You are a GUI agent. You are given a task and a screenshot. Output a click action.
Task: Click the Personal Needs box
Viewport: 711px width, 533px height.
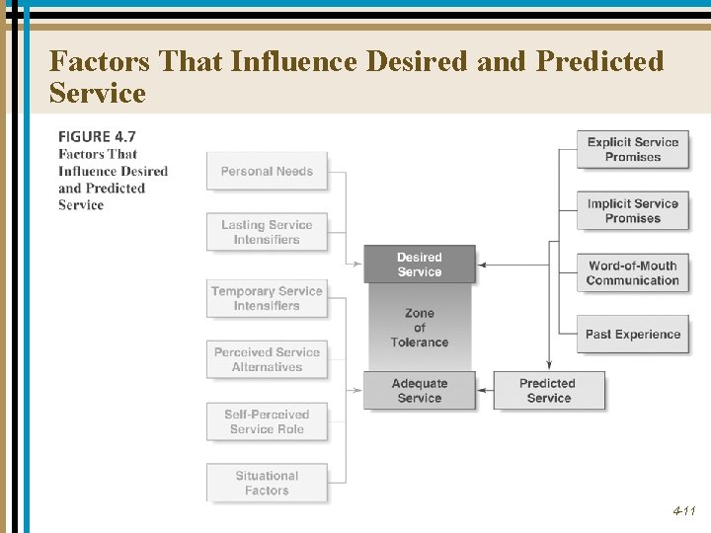pyautogui.click(x=267, y=171)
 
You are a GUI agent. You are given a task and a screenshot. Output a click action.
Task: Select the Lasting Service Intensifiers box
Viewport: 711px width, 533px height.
pyautogui.click(x=267, y=232)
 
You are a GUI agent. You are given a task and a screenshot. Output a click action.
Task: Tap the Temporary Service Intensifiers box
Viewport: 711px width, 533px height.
pyautogui.click(x=267, y=298)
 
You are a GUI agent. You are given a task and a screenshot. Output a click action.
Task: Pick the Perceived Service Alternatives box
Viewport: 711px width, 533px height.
pyautogui.click(x=267, y=359)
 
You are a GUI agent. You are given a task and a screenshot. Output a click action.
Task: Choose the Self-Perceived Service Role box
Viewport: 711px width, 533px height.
pyautogui.click(x=267, y=421)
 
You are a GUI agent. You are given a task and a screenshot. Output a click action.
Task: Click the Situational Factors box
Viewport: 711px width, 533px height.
pyautogui.click(x=267, y=483)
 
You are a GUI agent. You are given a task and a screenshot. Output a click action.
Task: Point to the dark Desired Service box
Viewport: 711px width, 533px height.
pyautogui.click(x=420, y=265)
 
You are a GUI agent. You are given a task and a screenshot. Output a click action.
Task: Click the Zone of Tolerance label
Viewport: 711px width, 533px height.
pyautogui.click(x=420, y=328)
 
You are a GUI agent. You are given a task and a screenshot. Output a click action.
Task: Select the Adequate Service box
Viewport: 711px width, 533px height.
pyautogui.click(x=420, y=391)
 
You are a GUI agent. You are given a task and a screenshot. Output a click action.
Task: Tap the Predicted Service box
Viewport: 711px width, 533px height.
pyautogui.click(x=549, y=391)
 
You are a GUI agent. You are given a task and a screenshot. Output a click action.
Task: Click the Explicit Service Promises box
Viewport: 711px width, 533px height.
pyautogui.click(x=633, y=149)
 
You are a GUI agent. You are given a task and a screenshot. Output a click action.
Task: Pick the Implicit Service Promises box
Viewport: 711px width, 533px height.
pyautogui.click(x=633, y=211)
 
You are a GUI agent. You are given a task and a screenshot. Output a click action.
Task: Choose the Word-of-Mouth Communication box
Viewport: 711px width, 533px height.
pyautogui.click(x=633, y=272)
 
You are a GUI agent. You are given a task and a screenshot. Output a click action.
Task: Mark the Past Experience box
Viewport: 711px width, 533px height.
pyautogui.click(x=633, y=335)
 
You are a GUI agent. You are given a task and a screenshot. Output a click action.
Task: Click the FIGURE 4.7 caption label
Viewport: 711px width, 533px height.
pyautogui.click(x=97, y=136)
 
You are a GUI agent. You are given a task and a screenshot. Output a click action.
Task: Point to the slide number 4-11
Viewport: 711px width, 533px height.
pyautogui.click(x=684, y=511)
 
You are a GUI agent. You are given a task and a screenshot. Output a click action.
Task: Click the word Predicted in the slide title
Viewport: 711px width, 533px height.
pyautogui.click(x=599, y=61)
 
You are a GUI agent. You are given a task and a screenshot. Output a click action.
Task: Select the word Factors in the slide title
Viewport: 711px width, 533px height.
pyautogui.click(x=99, y=61)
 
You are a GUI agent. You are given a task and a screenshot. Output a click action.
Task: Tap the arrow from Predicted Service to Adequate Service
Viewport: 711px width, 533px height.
pyautogui.click(x=484, y=391)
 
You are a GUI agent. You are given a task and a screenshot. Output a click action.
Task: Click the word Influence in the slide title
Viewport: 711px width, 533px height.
pyautogui.click(x=294, y=61)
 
